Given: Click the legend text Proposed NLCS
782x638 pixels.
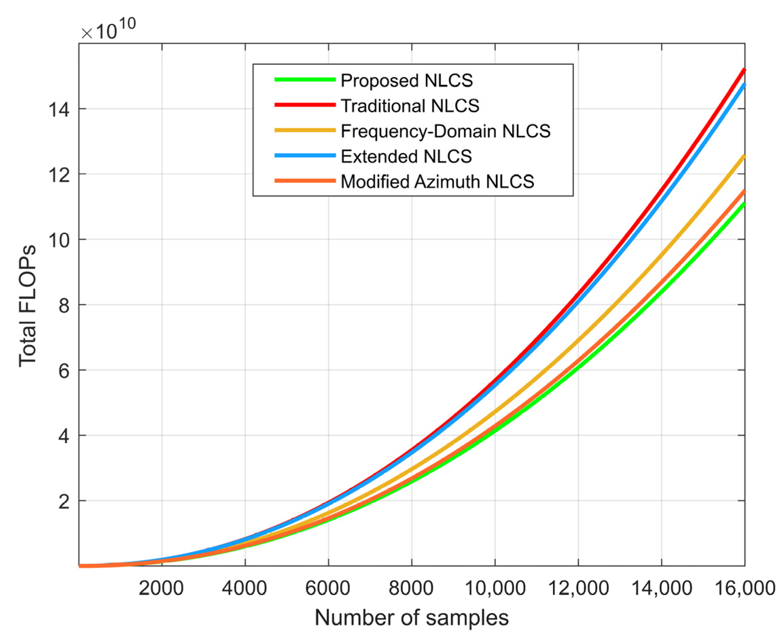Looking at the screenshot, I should (406, 80).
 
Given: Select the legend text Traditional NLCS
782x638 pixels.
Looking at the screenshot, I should (410, 106).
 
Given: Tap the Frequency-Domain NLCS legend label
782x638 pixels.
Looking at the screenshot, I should (445, 131).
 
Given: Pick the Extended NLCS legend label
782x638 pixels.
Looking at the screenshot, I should (406, 156).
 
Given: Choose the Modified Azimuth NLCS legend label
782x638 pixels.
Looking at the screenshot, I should (437, 182).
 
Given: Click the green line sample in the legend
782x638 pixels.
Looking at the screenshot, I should (305, 80).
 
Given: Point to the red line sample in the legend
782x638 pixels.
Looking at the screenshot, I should (305, 105).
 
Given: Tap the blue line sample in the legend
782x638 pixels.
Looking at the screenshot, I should (305, 156).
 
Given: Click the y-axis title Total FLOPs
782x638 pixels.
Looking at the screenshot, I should (28, 306).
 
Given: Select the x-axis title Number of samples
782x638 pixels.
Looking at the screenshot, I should (412, 617).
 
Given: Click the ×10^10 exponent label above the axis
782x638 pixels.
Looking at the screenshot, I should (108, 30).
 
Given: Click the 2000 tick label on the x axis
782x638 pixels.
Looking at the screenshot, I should (161, 588).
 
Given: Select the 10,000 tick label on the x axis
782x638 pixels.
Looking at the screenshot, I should (495, 588).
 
